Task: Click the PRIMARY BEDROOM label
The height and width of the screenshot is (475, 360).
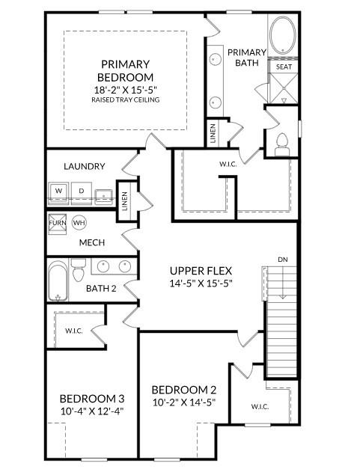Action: pyautogui.click(x=125, y=70)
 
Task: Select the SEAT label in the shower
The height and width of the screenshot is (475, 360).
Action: pyautogui.click(x=284, y=67)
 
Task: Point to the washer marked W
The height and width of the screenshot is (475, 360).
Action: pyautogui.click(x=58, y=192)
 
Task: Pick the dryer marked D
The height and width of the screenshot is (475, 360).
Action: pyautogui.click(x=81, y=192)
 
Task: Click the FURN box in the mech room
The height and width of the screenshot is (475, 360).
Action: pyautogui.click(x=57, y=223)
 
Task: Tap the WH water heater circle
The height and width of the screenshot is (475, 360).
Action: pyautogui.click(x=79, y=223)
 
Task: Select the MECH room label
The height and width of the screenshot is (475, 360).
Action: pyautogui.click(x=91, y=243)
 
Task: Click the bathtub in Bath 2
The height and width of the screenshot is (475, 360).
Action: pyautogui.click(x=57, y=281)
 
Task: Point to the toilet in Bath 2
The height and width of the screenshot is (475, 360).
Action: pyautogui.click(x=78, y=270)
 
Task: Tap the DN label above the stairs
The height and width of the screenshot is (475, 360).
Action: pyautogui.click(x=282, y=259)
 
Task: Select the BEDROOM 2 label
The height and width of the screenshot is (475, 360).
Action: pyautogui.click(x=183, y=390)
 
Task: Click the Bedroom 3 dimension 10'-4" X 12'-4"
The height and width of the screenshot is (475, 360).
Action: pyautogui.click(x=91, y=411)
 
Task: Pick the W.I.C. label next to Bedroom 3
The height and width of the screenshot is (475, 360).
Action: pyautogui.click(x=73, y=330)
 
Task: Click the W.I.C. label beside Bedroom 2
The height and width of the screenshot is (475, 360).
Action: pyautogui.click(x=260, y=407)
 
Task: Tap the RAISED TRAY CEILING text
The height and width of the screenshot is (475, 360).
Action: pyautogui.click(x=125, y=99)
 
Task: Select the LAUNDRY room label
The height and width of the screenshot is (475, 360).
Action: pyautogui.click(x=84, y=166)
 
